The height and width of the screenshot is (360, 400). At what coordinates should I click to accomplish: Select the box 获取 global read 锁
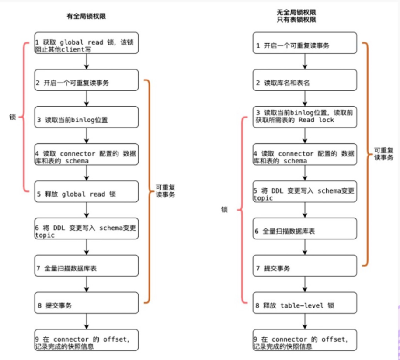(x=87, y=43)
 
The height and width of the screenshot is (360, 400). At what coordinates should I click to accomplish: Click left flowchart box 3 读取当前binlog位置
(x=87, y=117)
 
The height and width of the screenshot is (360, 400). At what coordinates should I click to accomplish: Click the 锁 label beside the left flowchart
(x=13, y=117)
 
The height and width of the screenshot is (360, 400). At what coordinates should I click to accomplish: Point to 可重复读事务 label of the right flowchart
(x=383, y=153)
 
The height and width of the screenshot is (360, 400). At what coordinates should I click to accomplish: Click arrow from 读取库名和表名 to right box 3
(x=305, y=99)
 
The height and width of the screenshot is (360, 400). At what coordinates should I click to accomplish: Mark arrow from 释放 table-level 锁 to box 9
(x=305, y=322)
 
